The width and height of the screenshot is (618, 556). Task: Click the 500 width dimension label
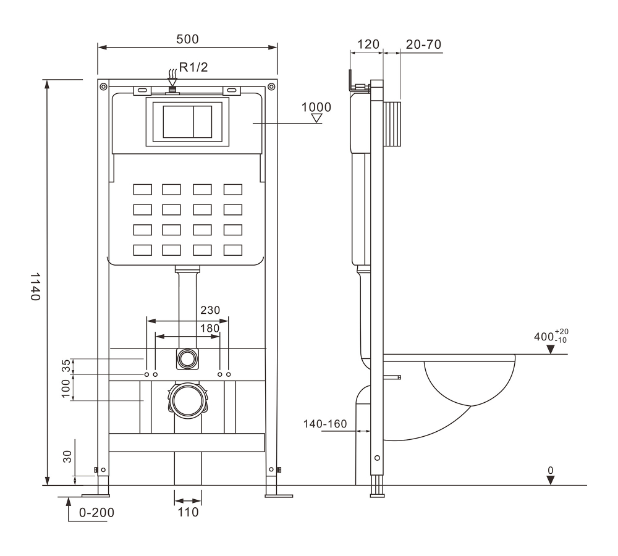pos(187,38)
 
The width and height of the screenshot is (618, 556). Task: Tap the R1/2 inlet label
pos(193,67)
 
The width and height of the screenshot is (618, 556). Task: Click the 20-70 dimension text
pos(423,44)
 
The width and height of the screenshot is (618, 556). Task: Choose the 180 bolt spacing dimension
pos(210,328)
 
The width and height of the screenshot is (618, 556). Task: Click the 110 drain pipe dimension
pos(187,512)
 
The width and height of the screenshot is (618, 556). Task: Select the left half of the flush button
pos(178,122)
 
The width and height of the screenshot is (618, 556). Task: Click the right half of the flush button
pos(204,122)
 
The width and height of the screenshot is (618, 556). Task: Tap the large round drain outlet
pos(187,400)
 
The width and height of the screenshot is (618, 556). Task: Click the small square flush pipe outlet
pos(187,358)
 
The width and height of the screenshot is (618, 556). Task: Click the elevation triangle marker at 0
pos(550,479)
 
